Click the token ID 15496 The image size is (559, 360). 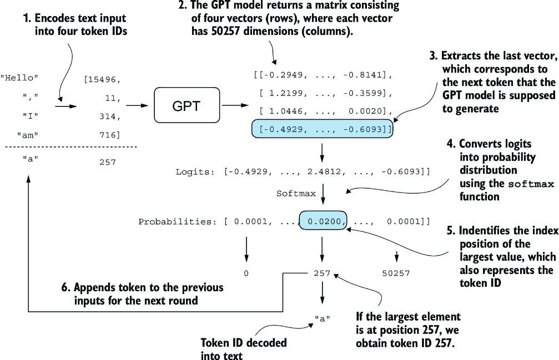point(102,80)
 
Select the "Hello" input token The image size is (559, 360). point(20,78)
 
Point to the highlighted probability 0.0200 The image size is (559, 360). point(323,221)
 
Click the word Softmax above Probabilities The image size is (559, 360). point(296,194)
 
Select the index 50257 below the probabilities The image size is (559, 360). point(396,273)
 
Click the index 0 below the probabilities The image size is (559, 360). point(246,273)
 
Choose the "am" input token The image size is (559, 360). point(28,135)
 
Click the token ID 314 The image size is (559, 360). point(108,116)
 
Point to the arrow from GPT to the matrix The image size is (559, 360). point(235,105)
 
